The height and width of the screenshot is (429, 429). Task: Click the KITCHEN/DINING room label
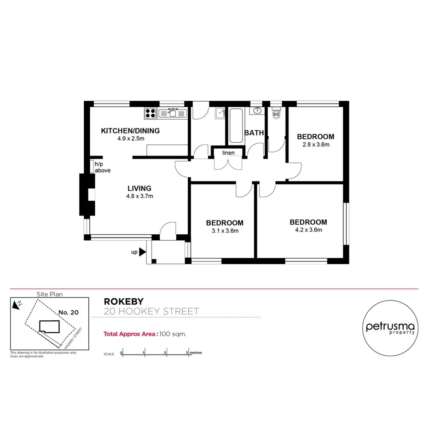coord(130,131)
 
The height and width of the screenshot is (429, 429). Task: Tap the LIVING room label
coord(139,188)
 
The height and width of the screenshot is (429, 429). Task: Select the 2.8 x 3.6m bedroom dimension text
coord(315,145)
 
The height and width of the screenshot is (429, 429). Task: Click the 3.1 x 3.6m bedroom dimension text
coord(224,231)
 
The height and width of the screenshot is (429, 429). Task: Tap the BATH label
coord(254,133)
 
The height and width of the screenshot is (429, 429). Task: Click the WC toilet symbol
coord(276,114)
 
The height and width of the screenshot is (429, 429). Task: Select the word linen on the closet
coord(228,153)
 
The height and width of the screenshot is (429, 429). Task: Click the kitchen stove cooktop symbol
coord(150,112)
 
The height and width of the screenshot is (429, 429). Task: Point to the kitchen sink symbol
coord(173,113)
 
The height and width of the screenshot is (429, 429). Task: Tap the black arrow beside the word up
coord(143,252)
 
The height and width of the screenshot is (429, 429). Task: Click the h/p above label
coord(102,167)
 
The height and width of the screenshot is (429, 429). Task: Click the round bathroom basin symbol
coord(256,110)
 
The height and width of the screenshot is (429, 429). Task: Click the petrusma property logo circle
coord(390,327)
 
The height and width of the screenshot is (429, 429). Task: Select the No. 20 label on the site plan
coord(69,312)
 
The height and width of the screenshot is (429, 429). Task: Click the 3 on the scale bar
coord(187,353)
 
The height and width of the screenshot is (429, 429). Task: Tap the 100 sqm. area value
coord(173,334)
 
